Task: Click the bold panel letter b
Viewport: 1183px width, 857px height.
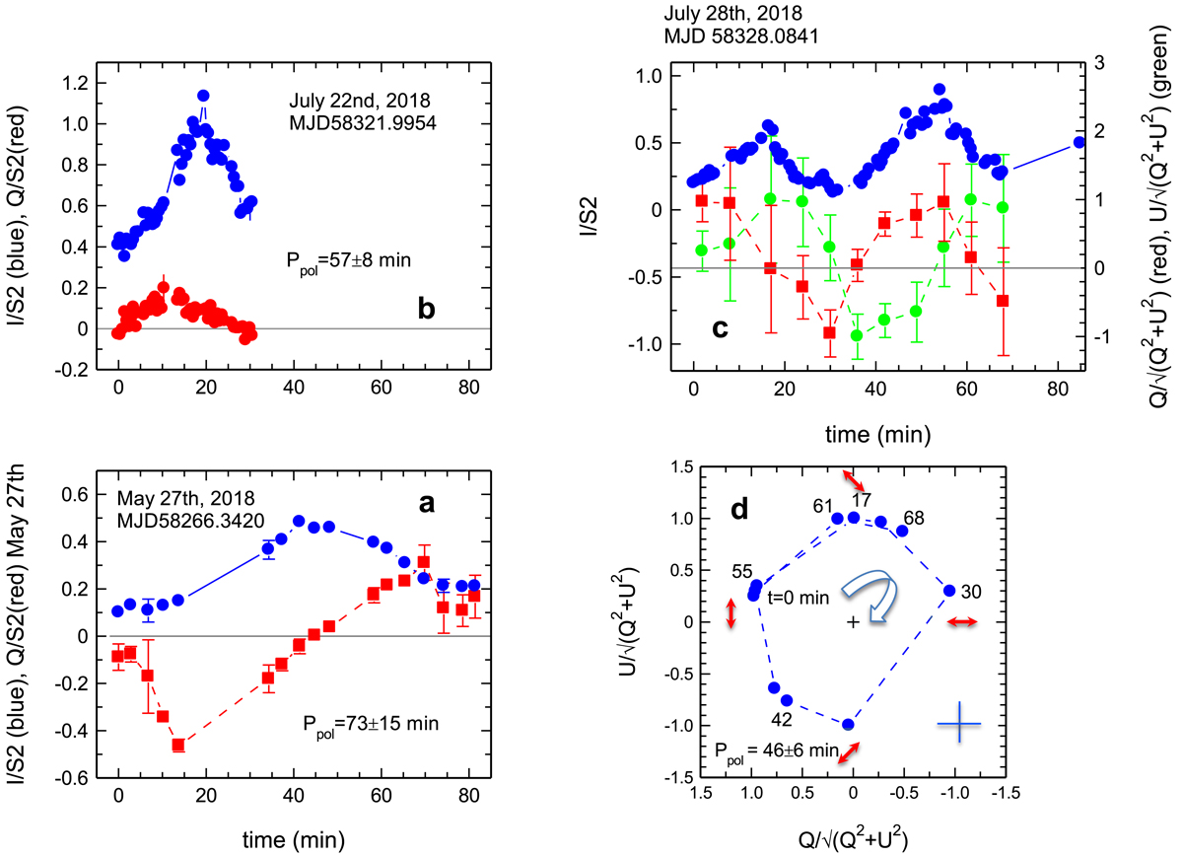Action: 428,310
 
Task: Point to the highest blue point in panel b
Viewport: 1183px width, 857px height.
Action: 203,96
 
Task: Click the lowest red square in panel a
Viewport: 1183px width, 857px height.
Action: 178,745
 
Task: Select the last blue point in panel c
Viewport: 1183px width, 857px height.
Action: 1079,142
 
